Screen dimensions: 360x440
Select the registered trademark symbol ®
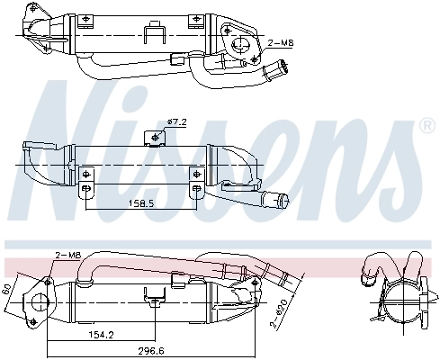[x=428, y=128]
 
